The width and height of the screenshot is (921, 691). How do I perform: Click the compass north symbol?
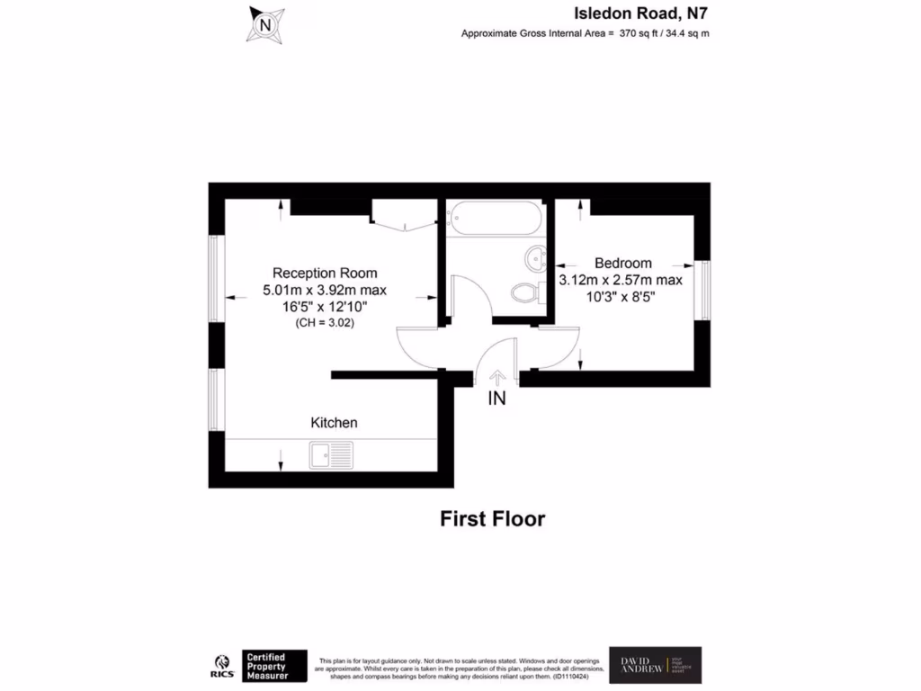click(x=265, y=24)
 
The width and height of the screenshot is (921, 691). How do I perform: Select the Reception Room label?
click(x=325, y=273)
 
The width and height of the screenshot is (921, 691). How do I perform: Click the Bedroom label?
click(x=623, y=264)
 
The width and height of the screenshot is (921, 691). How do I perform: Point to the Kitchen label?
click(x=334, y=422)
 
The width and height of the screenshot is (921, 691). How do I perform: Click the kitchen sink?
click(x=332, y=455)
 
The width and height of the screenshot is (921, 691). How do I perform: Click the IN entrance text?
click(x=496, y=399)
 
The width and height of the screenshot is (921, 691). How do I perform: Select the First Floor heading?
click(x=492, y=519)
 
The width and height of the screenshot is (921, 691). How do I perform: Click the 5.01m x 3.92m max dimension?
click(x=325, y=290)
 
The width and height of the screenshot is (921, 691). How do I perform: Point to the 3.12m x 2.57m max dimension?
click(x=621, y=280)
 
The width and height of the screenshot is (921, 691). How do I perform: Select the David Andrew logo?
click(x=655, y=665)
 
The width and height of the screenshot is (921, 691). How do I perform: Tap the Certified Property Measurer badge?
click(x=274, y=666)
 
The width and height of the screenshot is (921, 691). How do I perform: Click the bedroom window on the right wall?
click(x=704, y=289)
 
